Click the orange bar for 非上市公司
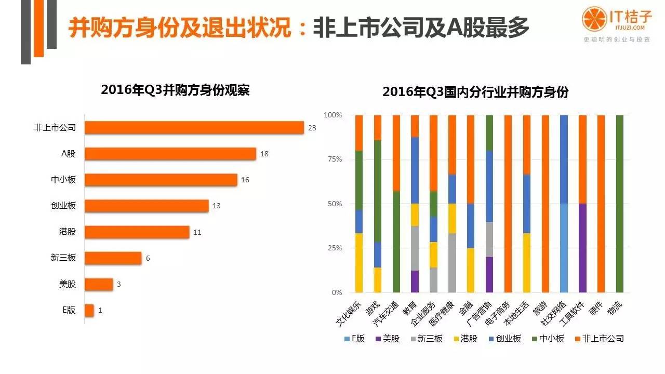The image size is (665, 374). [x=194, y=127]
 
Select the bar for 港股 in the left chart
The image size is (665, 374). [x=137, y=232]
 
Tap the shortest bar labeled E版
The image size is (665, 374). [x=89, y=310]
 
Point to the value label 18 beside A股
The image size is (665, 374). [x=264, y=154]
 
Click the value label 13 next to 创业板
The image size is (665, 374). [x=216, y=206]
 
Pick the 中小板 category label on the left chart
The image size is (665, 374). [x=64, y=180]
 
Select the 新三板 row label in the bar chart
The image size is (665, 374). [x=64, y=258]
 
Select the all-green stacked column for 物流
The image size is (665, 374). [x=619, y=204]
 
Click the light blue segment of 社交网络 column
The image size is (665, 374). [x=563, y=248]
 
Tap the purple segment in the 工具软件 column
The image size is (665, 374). [x=582, y=248]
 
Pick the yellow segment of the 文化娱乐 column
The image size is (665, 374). [x=358, y=263]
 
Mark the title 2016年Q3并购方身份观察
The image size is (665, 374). [x=175, y=90]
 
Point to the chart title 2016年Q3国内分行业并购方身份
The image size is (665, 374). [x=475, y=92]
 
